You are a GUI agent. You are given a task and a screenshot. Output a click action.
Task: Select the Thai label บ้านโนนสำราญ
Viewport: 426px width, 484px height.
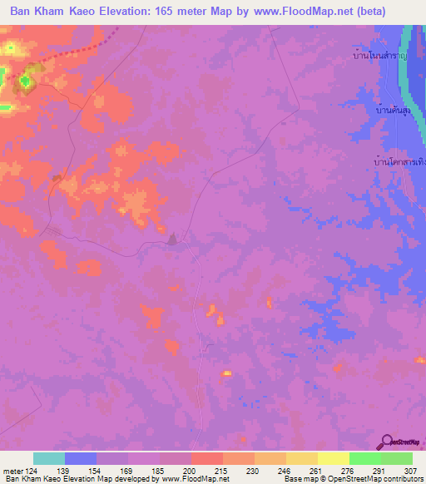coord(378,56)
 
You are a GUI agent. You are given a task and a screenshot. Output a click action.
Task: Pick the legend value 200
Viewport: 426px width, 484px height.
coord(191,471)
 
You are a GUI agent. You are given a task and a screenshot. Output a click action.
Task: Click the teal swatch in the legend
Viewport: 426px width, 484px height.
coord(49,458)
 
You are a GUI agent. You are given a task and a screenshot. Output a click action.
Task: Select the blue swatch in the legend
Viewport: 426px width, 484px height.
coord(81,458)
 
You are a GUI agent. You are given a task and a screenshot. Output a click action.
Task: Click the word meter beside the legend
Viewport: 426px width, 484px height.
coord(12,471)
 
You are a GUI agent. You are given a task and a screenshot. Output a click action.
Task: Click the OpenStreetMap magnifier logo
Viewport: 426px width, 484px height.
coord(388,442)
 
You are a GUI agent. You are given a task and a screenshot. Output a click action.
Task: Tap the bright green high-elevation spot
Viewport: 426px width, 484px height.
coord(24,80)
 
